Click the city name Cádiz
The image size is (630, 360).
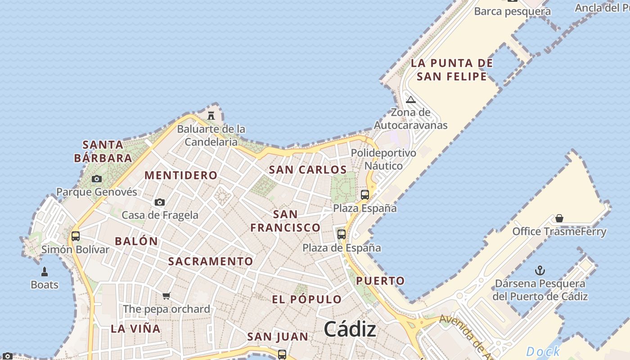point(350,329)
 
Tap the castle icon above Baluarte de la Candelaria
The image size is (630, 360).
point(211,116)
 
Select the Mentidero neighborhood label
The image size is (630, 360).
point(181,175)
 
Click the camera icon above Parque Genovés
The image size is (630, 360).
point(97,179)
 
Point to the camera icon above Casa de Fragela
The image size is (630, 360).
point(160,202)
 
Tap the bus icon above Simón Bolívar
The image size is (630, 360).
point(76,236)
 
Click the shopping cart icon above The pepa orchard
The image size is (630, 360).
point(166,296)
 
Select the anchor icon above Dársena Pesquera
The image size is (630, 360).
point(540,270)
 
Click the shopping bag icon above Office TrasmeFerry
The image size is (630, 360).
point(559,218)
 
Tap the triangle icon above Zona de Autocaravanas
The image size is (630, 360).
point(410,99)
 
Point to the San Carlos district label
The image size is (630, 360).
point(308,170)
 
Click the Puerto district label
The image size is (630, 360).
point(380,281)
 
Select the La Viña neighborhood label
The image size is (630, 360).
point(135,329)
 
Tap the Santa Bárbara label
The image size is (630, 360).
point(103,152)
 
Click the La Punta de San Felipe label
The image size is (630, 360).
point(452,70)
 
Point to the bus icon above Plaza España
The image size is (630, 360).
point(365,195)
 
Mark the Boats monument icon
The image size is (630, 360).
point(45,272)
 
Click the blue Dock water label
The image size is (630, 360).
point(543,351)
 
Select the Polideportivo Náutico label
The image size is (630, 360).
point(383,159)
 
